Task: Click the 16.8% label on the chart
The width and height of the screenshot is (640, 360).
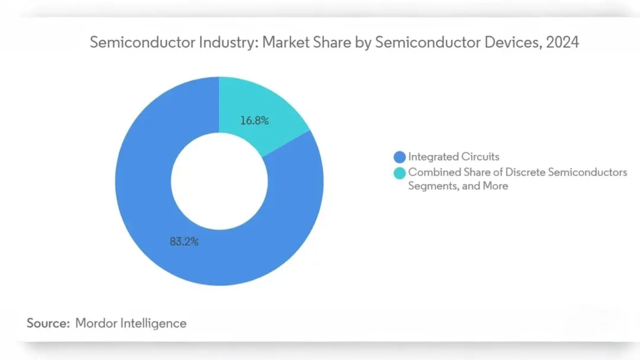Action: (x=254, y=120)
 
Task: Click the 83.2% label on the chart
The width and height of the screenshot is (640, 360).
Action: (x=184, y=241)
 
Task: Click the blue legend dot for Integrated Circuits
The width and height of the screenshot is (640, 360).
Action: (x=399, y=157)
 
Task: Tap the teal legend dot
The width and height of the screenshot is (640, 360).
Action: (x=399, y=173)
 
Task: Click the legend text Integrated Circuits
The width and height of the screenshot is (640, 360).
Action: (x=453, y=157)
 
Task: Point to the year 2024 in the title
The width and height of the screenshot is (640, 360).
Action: (x=562, y=42)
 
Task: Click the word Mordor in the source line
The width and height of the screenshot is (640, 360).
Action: (x=96, y=323)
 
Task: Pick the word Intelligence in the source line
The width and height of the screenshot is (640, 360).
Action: (x=153, y=323)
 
